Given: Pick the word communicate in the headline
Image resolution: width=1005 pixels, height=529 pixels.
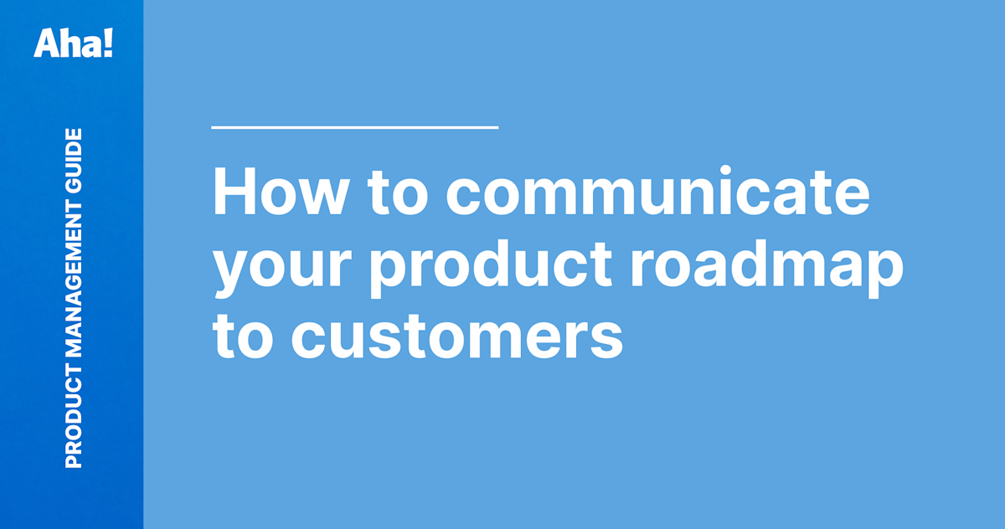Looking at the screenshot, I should pyautogui.click(x=656, y=194).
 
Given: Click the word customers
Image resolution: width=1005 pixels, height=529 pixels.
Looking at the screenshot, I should pyautogui.click(x=456, y=336).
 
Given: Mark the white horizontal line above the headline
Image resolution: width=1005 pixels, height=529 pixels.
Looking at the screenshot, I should pyautogui.click(x=355, y=127).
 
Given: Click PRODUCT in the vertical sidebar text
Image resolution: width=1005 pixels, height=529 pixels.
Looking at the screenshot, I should pyautogui.click(x=74, y=423).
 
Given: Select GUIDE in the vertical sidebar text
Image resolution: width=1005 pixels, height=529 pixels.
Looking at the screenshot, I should pyautogui.click(x=74, y=159).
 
